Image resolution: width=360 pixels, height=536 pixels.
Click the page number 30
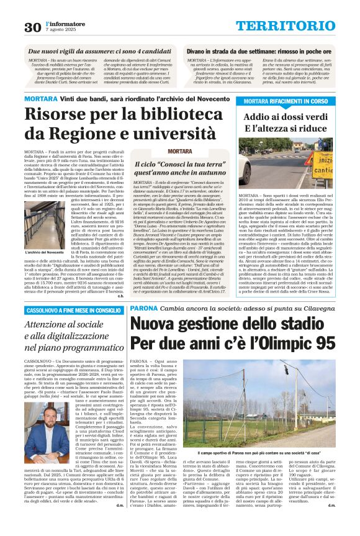(32, 27)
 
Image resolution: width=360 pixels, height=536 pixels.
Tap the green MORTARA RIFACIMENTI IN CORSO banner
(286, 101)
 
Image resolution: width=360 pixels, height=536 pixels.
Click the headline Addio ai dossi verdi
(285, 116)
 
